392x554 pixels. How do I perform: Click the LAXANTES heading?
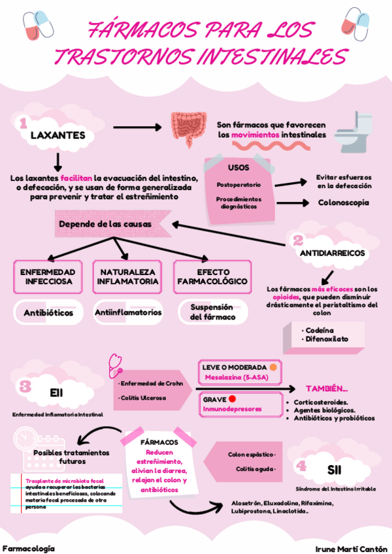pos(58,135)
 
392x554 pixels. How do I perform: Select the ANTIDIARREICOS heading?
pos(332,253)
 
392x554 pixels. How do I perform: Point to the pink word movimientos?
pos(255,135)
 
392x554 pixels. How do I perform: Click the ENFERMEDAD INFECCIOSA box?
pos(48,276)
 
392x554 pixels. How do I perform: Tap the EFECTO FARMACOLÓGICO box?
pos(212,276)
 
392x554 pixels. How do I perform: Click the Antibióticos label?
pos(48,313)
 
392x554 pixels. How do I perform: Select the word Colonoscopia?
pos(344,203)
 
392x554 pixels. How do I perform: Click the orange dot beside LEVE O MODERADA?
pos(273,367)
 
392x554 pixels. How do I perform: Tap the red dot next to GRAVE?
pos(233,399)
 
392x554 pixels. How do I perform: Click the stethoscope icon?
pos(114,361)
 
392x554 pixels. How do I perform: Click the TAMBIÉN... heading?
pos(327,388)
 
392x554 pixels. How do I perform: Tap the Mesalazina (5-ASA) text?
pos(231,377)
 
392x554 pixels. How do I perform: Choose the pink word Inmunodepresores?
pos(233,409)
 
